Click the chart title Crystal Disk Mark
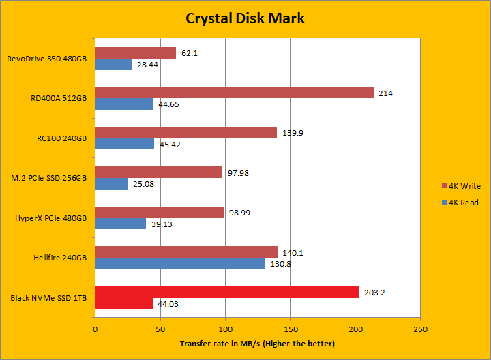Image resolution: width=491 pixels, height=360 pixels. pyautogui.click(x=245, y=18)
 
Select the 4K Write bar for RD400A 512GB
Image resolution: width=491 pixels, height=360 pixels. pyautogui.click(x=234, y=93)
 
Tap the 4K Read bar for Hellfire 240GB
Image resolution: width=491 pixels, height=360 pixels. pyautogui.click(x=180, y=263)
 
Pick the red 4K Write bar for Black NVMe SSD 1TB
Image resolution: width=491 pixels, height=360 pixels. pyautogui.click(x=227, y=292)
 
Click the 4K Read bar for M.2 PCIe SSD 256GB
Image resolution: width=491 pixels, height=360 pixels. pyautogui.click(x=111, y=184)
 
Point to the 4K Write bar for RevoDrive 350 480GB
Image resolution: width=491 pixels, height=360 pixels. pyautogui.click(x=135, y=52)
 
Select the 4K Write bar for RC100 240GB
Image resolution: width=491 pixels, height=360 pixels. pyautogui.click(x=185, y=132)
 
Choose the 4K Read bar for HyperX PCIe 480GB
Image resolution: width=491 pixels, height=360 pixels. pyautogui.click(x=120, y=224)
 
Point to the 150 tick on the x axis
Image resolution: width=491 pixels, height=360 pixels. pyautogui.click(x=290, y=329)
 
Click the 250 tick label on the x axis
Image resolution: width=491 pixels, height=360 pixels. pyautogui.click(x=420, y=329)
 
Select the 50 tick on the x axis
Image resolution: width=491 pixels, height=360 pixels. pyautogui.click(x=160, y=329)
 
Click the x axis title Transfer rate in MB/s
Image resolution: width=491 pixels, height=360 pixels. pyautogui.click(x=257, y=344)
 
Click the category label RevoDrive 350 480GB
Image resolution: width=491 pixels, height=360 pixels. pyautogui.click(x=47, y=59)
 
